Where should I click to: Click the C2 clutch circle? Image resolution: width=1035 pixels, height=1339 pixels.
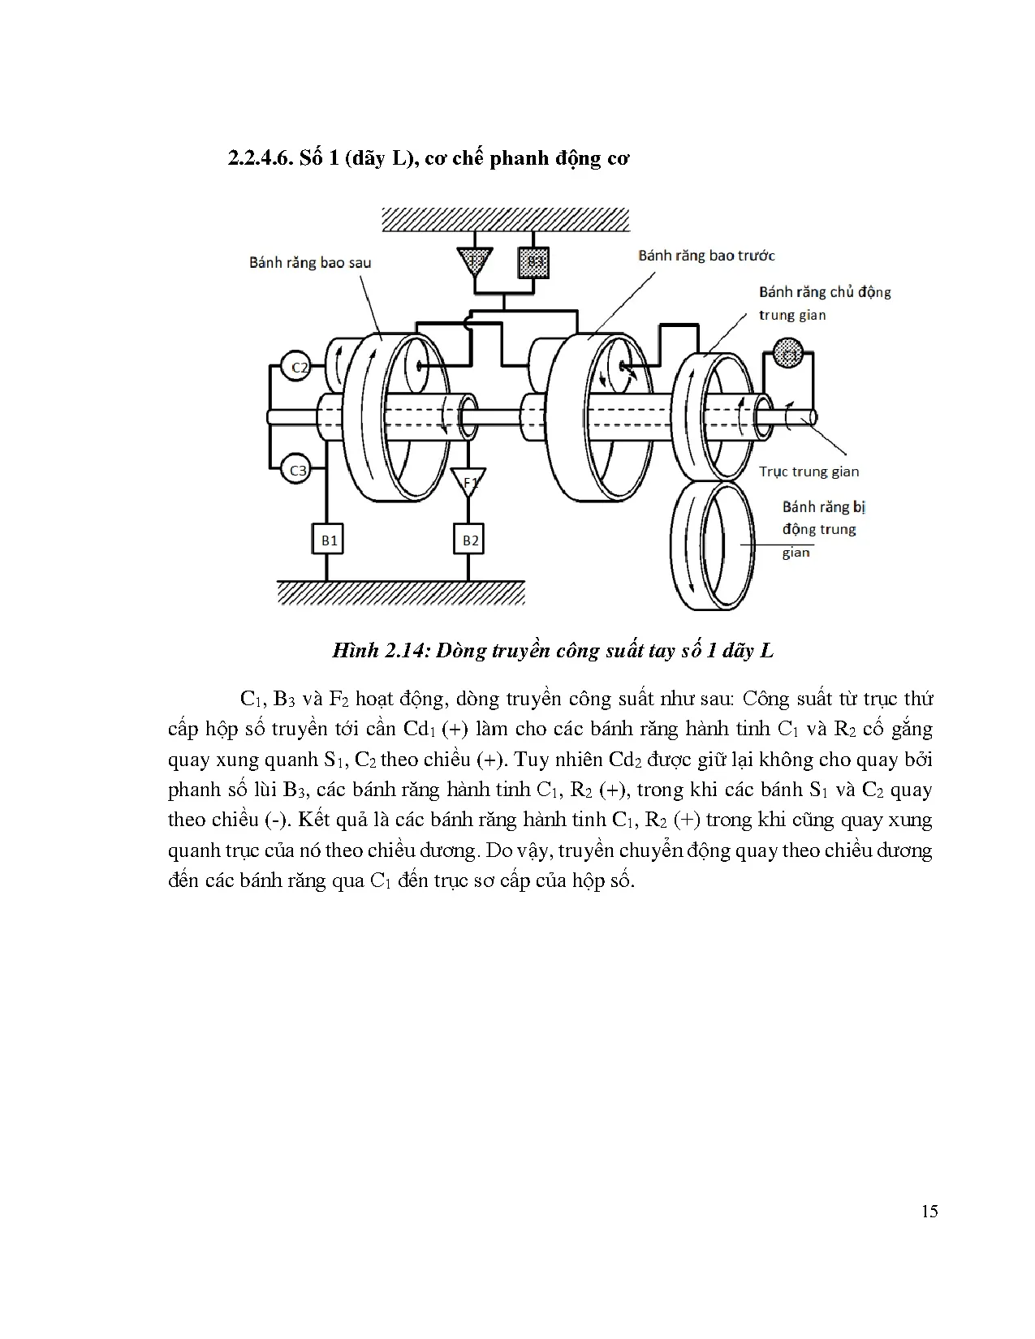(x=299, y=368)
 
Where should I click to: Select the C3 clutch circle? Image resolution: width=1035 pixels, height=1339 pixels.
(x=298, y=470)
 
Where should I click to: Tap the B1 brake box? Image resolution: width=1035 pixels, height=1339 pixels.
(x=328, y=540)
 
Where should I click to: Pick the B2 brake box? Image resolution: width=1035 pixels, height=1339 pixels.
(x=470, y=540)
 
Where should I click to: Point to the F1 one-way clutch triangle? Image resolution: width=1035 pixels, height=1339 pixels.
(x=469, y=480)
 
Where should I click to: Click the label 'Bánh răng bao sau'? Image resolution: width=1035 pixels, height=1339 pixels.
(x=310, y=263)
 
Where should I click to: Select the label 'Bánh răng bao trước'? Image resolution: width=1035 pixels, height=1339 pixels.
(x=706, y=256)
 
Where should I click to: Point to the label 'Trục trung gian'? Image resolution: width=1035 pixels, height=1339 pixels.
(x=809, y=471)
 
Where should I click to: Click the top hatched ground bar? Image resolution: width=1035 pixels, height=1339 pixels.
(x=506, y=219)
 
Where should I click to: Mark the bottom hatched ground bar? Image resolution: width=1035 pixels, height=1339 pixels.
(x=401, y=592)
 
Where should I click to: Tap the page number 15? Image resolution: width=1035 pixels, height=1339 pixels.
(x=929, y=1212)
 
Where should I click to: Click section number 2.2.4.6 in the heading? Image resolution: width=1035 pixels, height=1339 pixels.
(x=259, y=158)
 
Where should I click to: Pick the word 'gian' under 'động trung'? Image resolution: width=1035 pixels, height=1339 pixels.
(x=796, y=553)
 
